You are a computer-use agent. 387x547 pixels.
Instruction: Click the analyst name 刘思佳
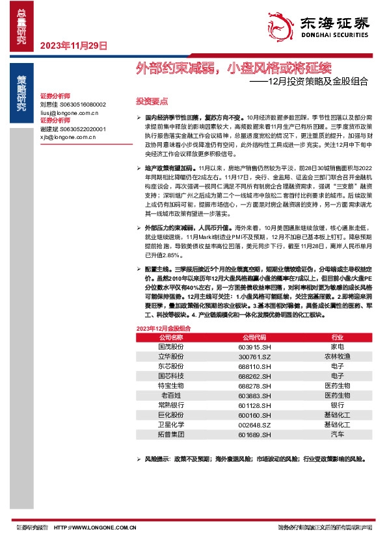(x=49, y=104)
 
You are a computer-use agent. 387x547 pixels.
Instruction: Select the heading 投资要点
(x=152, y=101)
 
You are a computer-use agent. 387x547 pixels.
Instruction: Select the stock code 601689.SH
(x=254, y=434)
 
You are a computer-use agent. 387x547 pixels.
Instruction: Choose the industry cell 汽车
(x=337, y=434)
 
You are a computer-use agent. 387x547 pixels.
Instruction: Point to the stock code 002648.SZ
(x=254, y=424)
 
